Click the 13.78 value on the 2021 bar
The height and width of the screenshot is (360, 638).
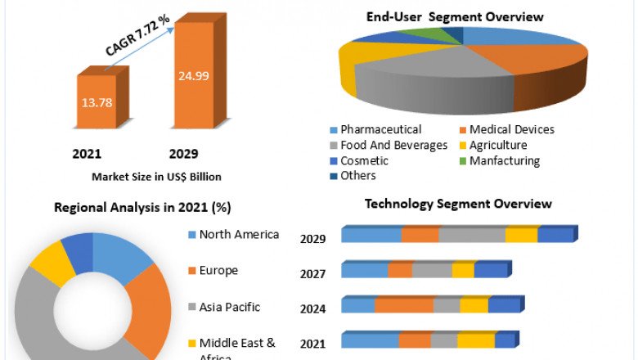pos(96,103)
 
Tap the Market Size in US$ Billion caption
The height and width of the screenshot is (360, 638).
pos(156,176)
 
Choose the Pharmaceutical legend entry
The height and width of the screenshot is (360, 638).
pos(380,129)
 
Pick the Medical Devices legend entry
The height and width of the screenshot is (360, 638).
pos(512,129)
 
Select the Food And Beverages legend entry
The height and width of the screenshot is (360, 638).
pos(393,145)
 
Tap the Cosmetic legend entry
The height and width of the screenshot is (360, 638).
pos(364,160)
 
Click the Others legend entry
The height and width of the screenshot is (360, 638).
pos(358,175)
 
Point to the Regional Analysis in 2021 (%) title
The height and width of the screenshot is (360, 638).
pos(142,207)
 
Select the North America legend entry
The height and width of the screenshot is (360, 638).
pos(239,235)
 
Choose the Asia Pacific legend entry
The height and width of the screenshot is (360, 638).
pos(230,307)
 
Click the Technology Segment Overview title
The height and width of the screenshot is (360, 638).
pos(458,204)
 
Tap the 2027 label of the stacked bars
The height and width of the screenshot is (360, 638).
pos(312,274)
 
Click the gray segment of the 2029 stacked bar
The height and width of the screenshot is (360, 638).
pos(472,236)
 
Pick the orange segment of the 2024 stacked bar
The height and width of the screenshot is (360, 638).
pos(404,305)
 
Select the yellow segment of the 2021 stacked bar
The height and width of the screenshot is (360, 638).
pos(476,340)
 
